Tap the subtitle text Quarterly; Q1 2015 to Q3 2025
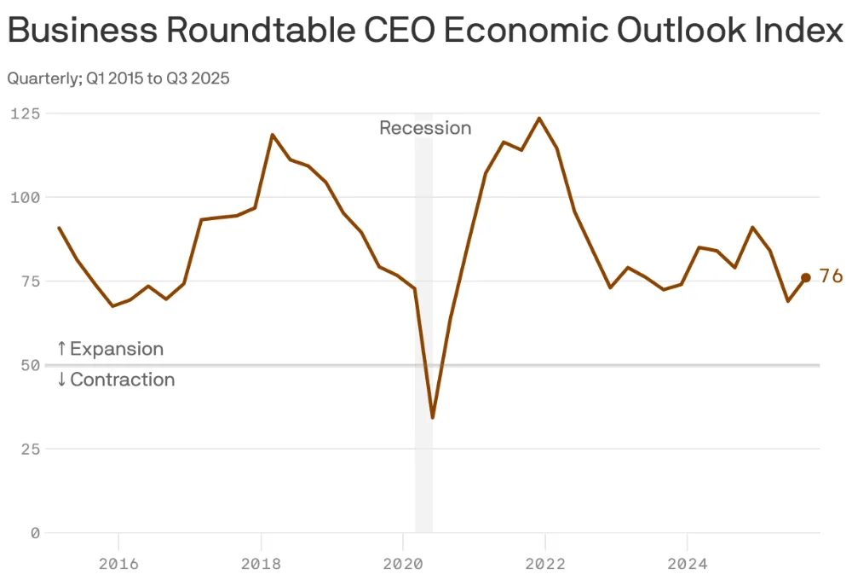click(118, 78)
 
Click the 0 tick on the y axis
click(34, 533)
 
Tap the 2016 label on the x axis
click(118, 564)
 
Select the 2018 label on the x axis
click(261, 564)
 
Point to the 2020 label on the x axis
click(402, 564)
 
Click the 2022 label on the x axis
click(544, 564)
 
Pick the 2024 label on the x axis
click(687, 564)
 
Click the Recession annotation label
click(425, 128)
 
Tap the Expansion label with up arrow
click(110, 349)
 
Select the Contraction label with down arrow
click(116, 380)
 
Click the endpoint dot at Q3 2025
click(805, 277)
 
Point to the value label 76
click(831, 276)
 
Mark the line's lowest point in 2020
click(433, 417)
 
